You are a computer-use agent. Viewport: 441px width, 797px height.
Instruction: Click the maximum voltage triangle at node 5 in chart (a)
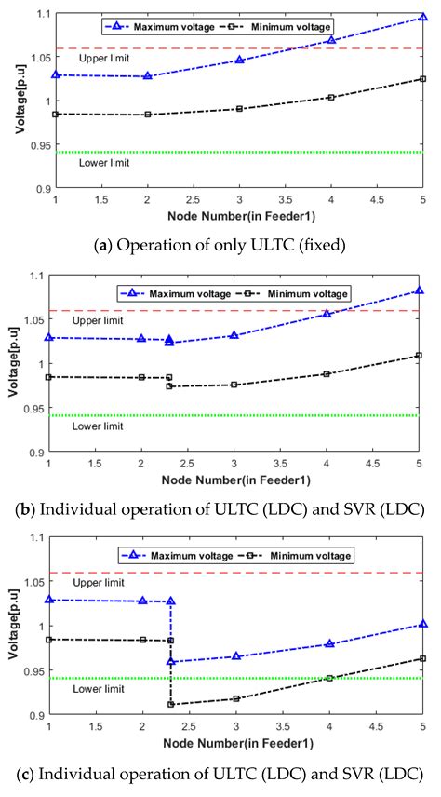tap(422, 18)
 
